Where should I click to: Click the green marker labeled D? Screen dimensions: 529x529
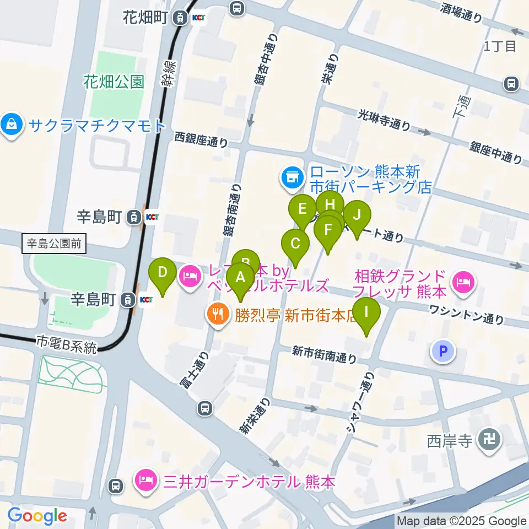(163, 273)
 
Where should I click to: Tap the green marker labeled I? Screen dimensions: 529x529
(367, 312)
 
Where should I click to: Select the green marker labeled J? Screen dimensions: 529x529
(357, 215)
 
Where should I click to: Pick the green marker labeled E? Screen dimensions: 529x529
(303, 210)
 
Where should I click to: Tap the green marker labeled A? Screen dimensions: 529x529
(240, 278)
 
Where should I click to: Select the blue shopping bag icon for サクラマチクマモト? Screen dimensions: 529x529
(12, 125)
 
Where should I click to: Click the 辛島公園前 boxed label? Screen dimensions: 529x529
(55, 243)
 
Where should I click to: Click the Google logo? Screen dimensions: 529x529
(37, 516)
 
